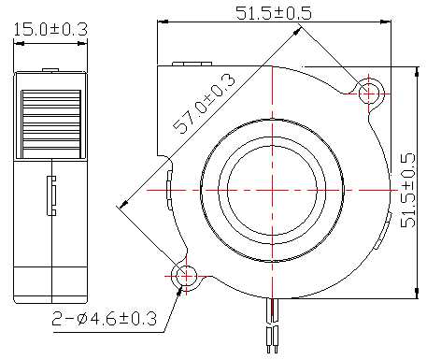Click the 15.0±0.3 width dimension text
(x=50, y=30)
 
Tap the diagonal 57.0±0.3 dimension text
(x=204, y=104)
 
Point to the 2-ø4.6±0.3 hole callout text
(x=105, y=319)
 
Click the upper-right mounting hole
(x=369, y=94)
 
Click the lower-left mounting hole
(x=187, y=276)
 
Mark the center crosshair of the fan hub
(x=273, y=190)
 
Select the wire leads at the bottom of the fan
(x=272, y=325)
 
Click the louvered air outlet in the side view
(x=51, y=124)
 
